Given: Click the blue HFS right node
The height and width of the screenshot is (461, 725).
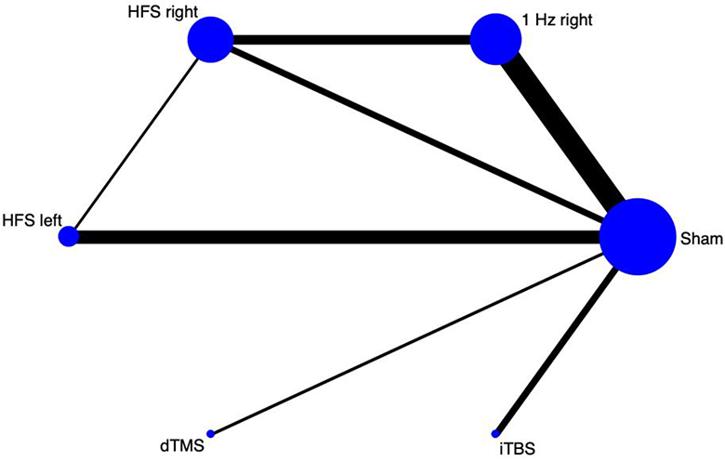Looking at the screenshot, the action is click(x=210, y=39).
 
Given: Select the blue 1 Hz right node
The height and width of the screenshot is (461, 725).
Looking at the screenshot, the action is click(x=495, y=39).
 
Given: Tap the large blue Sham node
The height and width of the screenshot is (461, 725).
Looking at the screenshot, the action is click(x=638, y=237).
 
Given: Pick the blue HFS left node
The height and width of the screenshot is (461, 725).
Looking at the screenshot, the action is click(x=69, y=236).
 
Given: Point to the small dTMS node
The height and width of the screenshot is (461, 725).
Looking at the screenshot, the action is click(x=211, y=434).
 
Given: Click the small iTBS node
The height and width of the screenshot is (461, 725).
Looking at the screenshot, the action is click(x=495, y=434).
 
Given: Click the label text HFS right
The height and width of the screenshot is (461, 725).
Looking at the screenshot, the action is click(x=163, y=12).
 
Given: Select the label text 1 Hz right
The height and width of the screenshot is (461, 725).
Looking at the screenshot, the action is click(x=557, y=20).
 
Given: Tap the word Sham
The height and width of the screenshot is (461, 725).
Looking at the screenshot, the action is click(x=701, y=239).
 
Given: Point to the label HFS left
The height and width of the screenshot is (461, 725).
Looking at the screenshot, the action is click(x=32, y=220).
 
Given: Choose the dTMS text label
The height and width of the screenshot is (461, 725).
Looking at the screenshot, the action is click(x=182, y=447).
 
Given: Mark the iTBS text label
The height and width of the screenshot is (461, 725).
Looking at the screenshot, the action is click(x=517, y=449).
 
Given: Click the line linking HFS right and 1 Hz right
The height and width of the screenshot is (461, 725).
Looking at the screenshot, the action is click(x=351, y=40).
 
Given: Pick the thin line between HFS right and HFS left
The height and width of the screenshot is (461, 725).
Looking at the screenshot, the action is click(x=136, y=143).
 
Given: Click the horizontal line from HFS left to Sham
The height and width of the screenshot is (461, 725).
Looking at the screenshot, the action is click(x=339, y=237).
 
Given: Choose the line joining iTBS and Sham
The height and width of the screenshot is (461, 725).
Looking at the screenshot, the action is click(x=557, y=351).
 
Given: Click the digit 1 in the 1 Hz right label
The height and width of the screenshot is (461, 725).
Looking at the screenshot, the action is click(x=526, y=20).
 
